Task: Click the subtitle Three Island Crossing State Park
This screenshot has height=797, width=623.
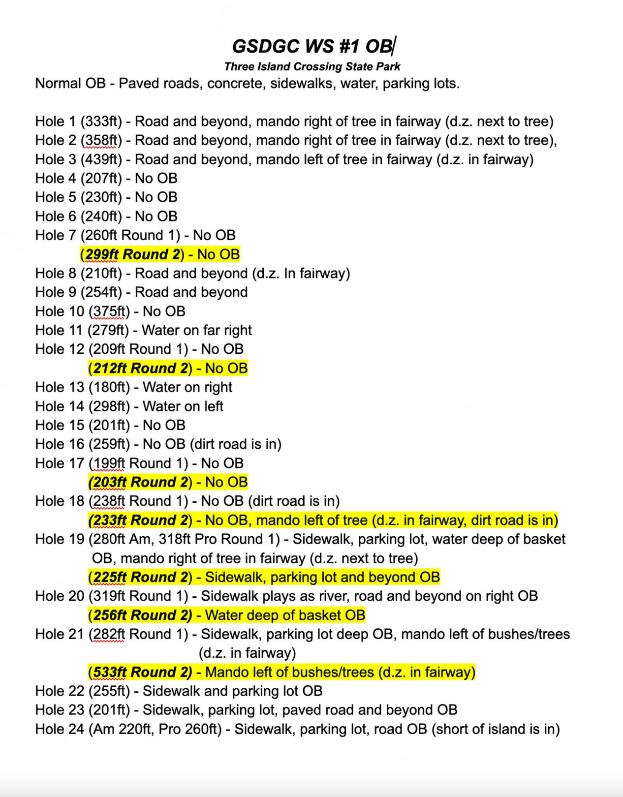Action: point(312,66)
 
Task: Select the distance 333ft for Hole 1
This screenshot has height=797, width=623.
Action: point(101,122)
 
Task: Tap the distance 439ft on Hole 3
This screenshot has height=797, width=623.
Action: point(101,159)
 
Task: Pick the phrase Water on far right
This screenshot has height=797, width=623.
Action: point(197,330)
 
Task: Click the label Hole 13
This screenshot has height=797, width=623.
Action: point(60,387)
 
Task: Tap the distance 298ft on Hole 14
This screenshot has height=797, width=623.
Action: point(109,406)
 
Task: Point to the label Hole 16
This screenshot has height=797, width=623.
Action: point(60,444)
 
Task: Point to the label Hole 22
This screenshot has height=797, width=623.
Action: point(60,691)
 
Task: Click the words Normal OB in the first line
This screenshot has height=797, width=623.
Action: point(70,84)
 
